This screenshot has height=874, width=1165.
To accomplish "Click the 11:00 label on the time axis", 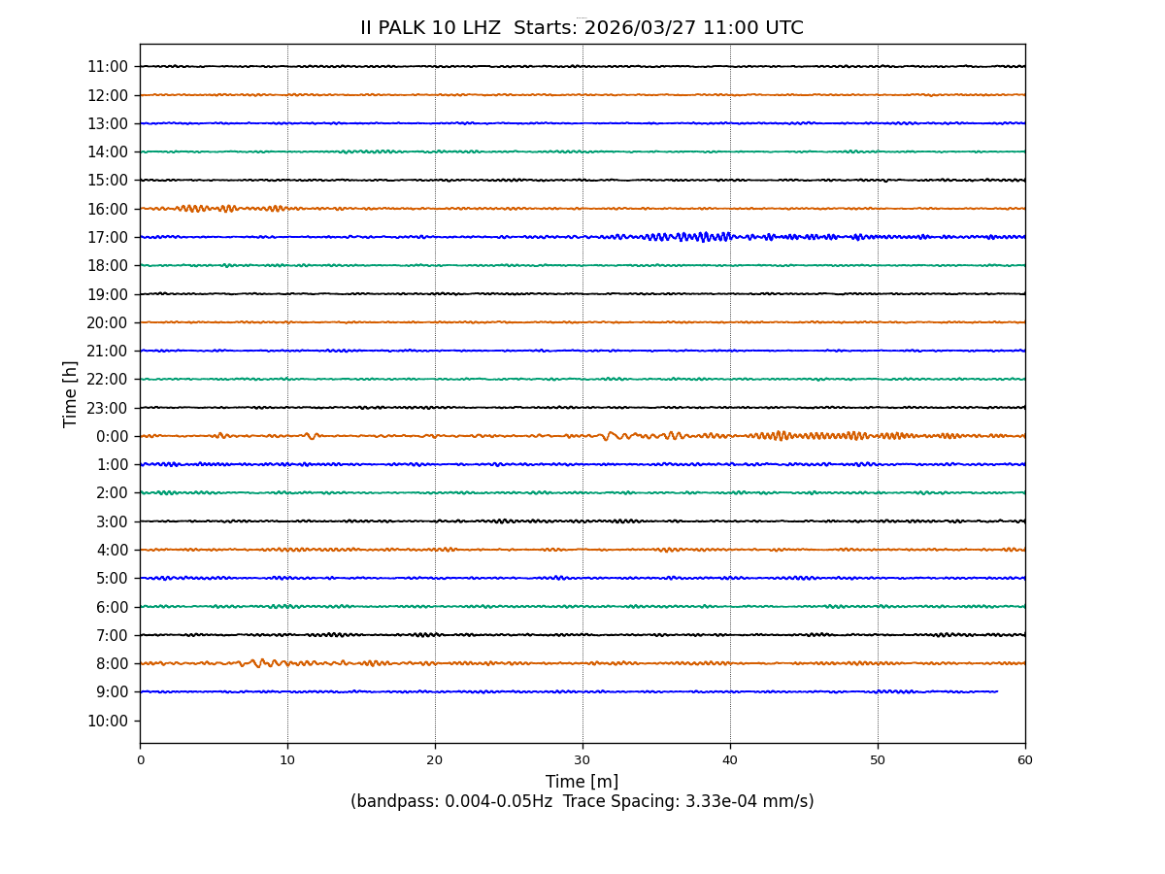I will click(108, 67).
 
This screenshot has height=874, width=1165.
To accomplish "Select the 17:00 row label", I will click(108, 237).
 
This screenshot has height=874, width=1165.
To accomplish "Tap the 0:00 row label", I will click(112, 436).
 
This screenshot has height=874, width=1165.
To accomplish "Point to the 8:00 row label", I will click(112, 663).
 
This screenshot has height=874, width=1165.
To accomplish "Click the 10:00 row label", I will click(108, 721).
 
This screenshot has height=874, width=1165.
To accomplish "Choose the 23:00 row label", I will click(108, 408).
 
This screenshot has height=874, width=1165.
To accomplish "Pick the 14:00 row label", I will click(108, 151).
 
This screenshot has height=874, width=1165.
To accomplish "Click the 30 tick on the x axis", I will click(582, 760).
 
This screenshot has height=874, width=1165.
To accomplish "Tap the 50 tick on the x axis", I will click(878, 760).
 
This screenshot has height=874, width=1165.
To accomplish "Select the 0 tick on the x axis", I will click(140, 760).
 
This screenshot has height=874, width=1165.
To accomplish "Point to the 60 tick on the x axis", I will click(1025, 760).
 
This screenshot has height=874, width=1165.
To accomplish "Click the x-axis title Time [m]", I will click(582, 782).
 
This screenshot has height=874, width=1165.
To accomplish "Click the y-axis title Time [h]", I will click(71, 393).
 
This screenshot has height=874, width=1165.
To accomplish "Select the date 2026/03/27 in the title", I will click(639, 28).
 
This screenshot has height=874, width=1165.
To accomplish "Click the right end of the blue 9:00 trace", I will click(997, 691).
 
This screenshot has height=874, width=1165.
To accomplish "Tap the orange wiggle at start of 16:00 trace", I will click(194, 208).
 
